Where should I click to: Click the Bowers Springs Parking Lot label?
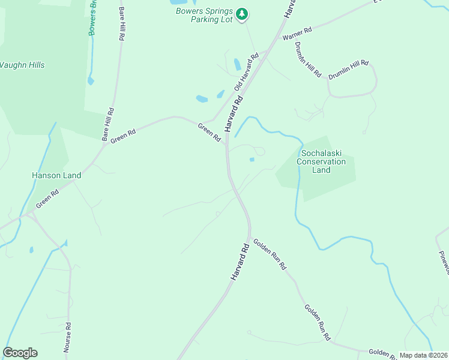click(203, 15)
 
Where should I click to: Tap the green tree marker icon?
click(242, 14)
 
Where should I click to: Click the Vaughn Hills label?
click(22, 65)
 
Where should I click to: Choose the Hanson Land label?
click(56, 175)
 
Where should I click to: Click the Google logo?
click(20, 353)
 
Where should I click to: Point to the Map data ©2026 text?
click(424, 355)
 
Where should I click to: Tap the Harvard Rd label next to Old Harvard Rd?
click(232, 116)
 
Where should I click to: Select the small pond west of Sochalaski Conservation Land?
click(252, 159)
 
